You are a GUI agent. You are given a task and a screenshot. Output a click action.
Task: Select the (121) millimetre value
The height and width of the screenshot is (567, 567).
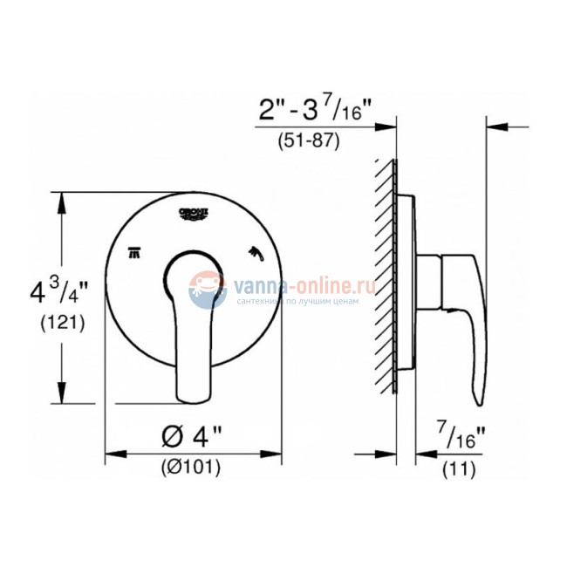click(x=38, y=323)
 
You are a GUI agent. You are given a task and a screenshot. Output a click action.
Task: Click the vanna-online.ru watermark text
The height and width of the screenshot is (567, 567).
click(x=301, y=283)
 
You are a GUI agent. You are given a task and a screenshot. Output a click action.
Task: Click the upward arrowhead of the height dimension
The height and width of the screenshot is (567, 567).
click(x=62, y=202)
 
